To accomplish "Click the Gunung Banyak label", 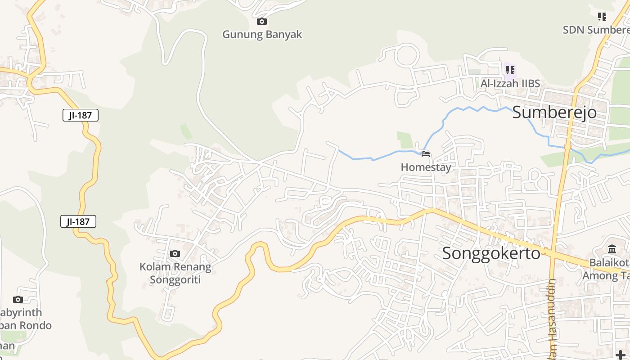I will (x=262, y=35).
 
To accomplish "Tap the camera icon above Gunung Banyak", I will (x=261, y=21).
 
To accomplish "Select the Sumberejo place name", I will (x=554, y=112).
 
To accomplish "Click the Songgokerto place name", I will (x=491, y=253).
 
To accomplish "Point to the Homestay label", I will (x=426, y=167).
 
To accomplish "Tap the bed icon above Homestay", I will (x=426, y=154).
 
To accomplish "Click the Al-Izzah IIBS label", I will (x=510, y=84).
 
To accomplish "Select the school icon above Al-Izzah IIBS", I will (x=510, y=70).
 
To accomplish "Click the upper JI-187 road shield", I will (x=80, y=115).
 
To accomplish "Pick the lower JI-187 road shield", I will (x=78, y=221).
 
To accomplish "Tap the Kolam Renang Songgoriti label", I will (x=175, y=273).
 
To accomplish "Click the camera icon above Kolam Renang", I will (x=175, y=254).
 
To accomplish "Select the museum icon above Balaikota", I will (x=612, y=249).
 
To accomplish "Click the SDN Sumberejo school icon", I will (x=602, y=17).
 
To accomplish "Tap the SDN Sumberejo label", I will (x=596, y=30).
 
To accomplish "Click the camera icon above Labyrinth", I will (x=18, y=299).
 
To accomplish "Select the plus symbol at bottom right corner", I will (x=621, y=355).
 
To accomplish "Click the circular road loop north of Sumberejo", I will (x=406, y=56).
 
